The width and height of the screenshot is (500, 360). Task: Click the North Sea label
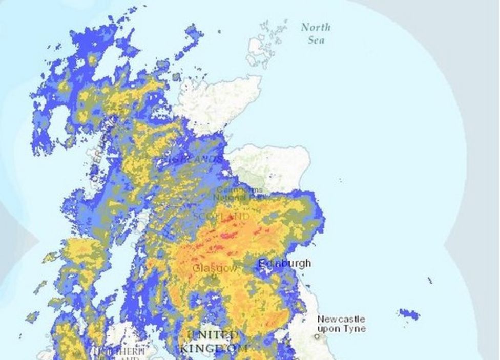[x=316, y=33]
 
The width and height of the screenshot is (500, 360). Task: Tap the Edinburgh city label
[x=284, y=264]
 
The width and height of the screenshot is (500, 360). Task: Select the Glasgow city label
[x=215, y=268]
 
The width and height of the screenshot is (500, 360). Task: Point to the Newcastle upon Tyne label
[x=341, y=324]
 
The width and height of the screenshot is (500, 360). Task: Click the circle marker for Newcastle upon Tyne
[x=317, y=336]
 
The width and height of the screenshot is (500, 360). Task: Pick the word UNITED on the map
[x=213, y=335]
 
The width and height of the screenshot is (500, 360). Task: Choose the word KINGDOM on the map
[x=213, y=348]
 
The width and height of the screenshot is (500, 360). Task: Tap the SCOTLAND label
[x=222, y=217]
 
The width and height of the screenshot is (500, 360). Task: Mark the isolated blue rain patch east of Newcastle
[x=409, y=313]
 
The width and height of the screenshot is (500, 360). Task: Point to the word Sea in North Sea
[x=317, y=40]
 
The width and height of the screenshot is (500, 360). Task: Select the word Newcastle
[x=341, y=319]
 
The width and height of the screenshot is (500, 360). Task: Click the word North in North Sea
[x=316, y=27]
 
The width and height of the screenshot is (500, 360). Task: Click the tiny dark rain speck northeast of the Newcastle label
[x=429, y=280]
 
